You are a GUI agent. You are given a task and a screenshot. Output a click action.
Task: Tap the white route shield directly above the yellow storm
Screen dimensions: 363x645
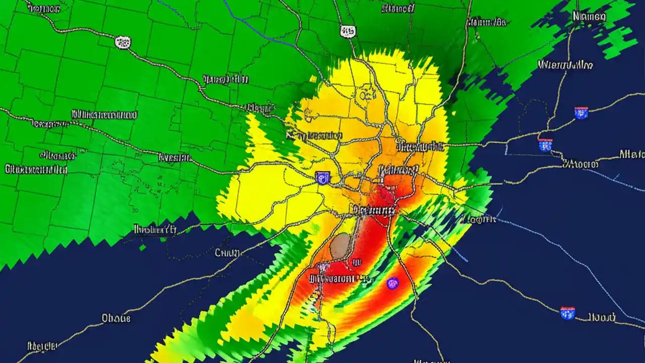pos(347,31)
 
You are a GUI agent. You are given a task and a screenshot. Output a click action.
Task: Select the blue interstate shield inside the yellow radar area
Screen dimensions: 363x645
pos(322,177)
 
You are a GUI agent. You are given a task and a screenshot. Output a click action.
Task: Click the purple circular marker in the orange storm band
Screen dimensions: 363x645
pos(393,283)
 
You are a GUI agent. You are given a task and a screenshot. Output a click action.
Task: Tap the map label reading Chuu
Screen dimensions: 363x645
pos(227,253)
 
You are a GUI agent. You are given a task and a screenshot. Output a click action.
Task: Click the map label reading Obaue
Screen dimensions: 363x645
pos(116,318)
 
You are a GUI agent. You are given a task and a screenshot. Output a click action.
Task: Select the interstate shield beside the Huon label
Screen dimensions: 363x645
pos(567,313)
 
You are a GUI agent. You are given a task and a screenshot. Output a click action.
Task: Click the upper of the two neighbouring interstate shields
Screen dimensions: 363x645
pos(581,112)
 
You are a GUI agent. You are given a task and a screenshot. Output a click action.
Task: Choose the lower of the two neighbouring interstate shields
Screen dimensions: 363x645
pos(545,145)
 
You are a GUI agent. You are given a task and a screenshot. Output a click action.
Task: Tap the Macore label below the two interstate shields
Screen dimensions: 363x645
pos(580,164)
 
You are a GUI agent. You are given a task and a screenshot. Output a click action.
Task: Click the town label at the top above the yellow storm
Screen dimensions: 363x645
pos(398,8)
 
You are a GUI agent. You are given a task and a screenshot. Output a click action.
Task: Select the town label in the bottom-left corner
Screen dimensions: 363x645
pos(41,346)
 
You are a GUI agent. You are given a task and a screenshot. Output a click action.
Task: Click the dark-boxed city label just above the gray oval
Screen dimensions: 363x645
pos(373,209)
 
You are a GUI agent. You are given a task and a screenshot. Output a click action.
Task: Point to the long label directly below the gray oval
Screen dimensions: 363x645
pos(333,278)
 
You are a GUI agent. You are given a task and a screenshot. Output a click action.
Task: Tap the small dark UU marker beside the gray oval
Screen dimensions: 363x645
pos(357,262)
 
